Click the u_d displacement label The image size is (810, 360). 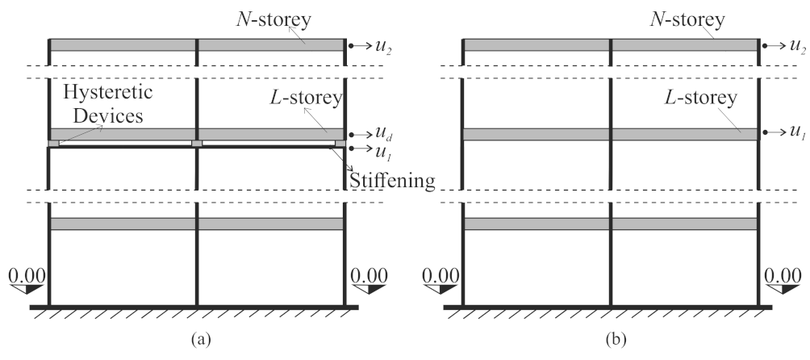pos(385,135)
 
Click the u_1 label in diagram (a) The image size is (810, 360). pos(385,150)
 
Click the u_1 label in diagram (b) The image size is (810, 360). pos(798,132)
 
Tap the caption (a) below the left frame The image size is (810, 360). pos(198,341)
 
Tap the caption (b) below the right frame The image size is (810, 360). pos(611,341)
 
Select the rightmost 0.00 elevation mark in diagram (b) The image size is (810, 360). pos(783,277)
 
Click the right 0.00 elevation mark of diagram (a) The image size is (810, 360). pos(370,277)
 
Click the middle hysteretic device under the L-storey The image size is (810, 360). pos(197,144)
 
